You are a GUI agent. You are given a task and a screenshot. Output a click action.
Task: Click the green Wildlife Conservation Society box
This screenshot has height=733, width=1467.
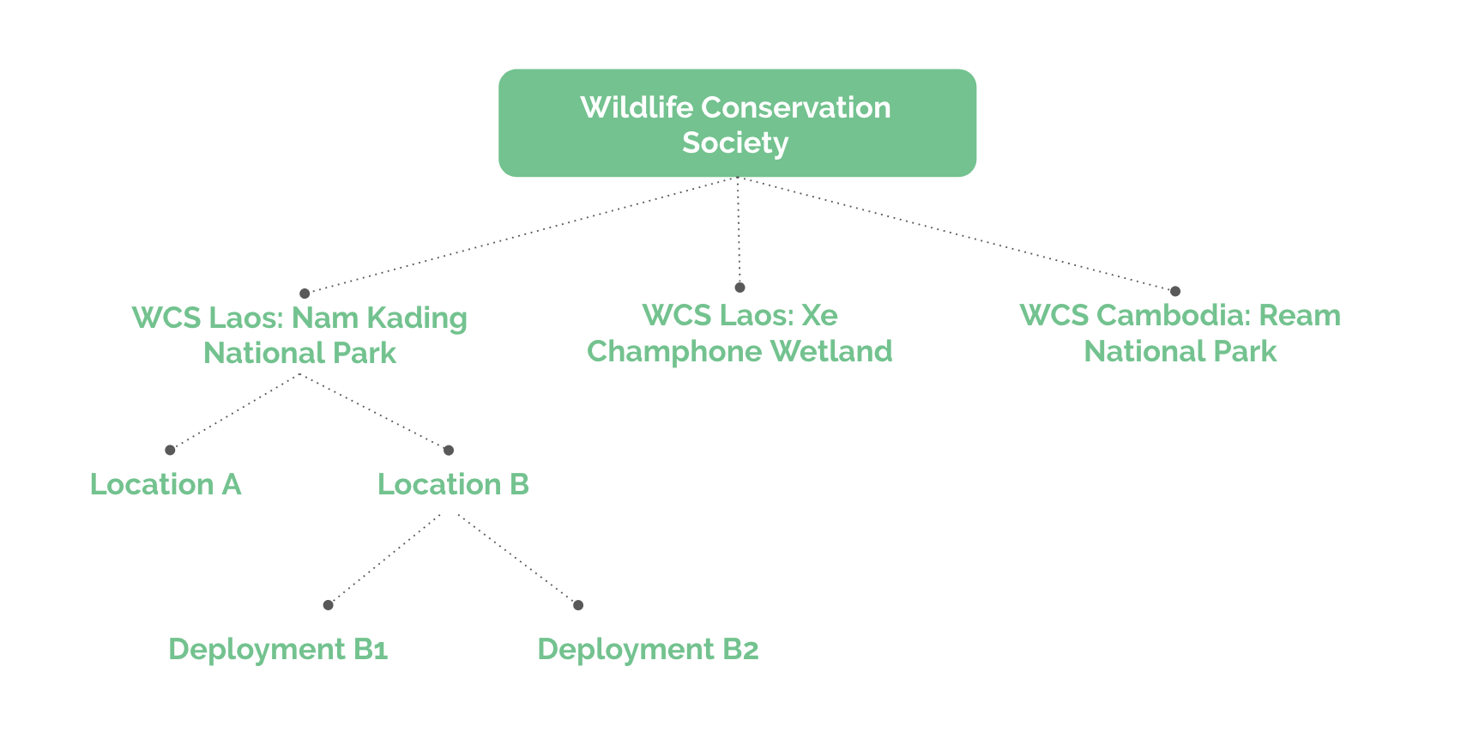(x=737, y=123)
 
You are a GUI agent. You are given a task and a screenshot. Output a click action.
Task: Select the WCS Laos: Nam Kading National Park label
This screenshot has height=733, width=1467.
(x=299, y=335)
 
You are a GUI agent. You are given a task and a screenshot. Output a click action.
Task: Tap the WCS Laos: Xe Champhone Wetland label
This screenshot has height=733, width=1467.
(x=740, y=333)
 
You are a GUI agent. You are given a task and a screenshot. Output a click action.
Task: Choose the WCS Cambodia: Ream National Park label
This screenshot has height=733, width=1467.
(x=1180, y=333)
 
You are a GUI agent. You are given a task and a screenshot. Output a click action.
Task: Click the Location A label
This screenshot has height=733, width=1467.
(x=166, y=484)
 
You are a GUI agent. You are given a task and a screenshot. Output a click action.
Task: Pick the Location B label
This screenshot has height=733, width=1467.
(x=453, y=484)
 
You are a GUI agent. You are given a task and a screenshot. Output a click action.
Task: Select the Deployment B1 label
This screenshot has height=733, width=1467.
(x=278, y=649)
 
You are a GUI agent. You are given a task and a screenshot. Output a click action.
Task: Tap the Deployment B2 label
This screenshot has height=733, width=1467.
(x=648, y=649)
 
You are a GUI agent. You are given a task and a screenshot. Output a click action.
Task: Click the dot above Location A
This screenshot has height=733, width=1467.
(x=170, y=450)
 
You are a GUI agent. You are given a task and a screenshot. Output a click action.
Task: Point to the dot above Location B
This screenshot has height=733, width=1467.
(x=448, y=450)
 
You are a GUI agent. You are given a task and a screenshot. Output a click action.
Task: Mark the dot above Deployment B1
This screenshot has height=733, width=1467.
(x=328, y=605)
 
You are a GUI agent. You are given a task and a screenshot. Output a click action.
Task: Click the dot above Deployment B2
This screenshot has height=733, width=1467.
(x=578, y=605)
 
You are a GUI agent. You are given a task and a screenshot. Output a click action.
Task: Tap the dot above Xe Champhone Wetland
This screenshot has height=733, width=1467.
(x=740, y=288)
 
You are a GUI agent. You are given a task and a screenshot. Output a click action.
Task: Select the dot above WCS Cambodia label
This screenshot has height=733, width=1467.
(x=1175, y=291)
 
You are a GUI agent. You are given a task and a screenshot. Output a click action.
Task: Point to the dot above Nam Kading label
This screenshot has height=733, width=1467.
(x=305, y=294)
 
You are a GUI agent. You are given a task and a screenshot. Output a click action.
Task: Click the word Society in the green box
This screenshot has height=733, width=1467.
(x=735, y=142)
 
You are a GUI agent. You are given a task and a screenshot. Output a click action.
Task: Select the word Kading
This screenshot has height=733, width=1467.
(x=417, y=318)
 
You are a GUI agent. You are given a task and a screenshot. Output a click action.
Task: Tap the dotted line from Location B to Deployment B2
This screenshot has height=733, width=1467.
(x=517, y=559)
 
